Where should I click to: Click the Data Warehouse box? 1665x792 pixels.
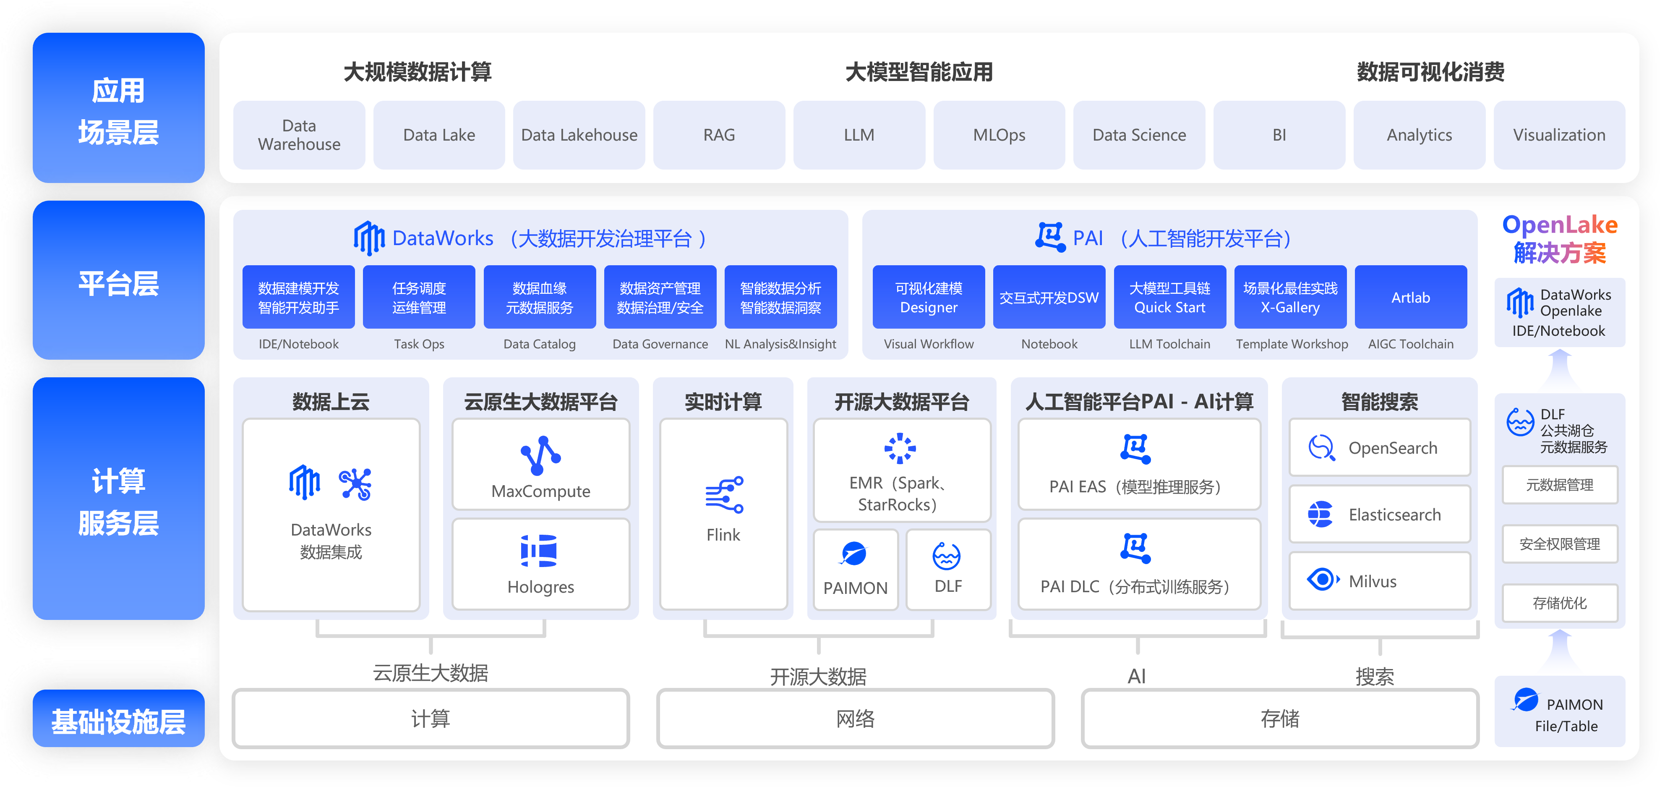(299, 135)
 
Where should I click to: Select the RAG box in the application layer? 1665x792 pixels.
(719, 135)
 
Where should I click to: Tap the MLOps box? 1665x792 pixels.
(999, 135)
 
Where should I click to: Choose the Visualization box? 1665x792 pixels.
(1559, 135)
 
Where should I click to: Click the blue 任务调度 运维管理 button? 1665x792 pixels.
(419, 298)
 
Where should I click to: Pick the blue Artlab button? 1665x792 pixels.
(1410, 298)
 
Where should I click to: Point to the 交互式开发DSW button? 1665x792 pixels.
(1049, 298)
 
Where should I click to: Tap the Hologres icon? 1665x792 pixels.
(539, 551)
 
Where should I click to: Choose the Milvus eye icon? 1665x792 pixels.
(1323, 579)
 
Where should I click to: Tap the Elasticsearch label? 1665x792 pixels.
(1394, 515)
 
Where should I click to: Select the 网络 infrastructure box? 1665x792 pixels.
(855, 718)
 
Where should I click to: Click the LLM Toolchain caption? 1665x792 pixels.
(1169, 344)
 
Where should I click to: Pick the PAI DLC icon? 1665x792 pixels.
(1135, 548)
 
